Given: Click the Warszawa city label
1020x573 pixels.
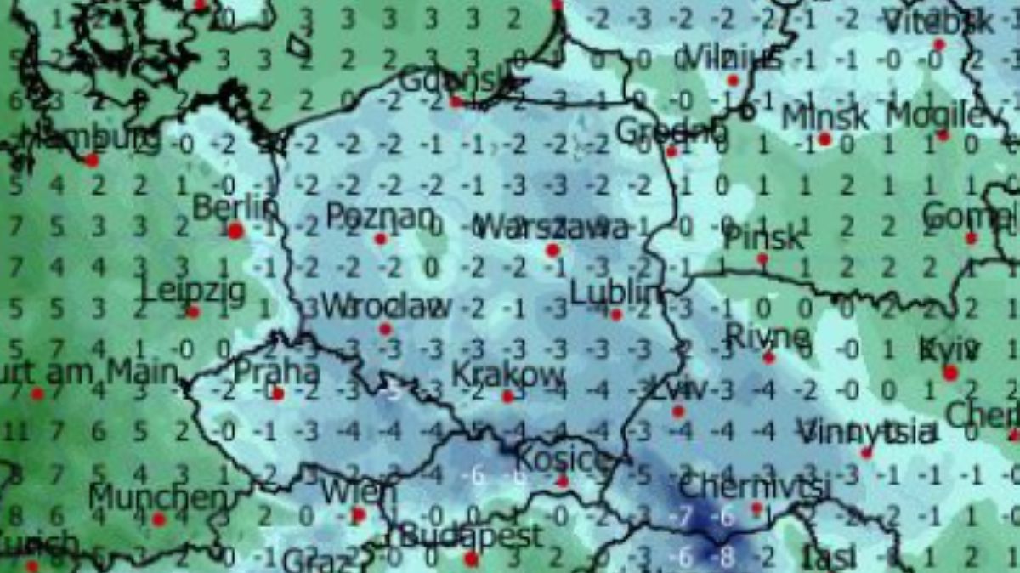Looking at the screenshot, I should point(553,227).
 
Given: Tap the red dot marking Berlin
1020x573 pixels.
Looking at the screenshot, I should point(235,230).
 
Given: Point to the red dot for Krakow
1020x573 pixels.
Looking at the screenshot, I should point(507,396).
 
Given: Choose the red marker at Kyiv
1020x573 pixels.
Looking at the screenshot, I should point(950,372).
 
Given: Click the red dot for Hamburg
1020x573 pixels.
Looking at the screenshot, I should point(92,160).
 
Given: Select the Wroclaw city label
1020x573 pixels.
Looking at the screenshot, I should point(387,306).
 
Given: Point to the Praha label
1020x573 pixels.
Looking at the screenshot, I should point(276,372).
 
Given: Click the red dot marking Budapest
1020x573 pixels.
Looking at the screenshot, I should point(471,559).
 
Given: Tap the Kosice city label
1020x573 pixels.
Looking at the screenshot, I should point(563,460).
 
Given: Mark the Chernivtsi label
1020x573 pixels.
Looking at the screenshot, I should point(754,488).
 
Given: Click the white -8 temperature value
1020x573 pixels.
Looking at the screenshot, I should point(724,558).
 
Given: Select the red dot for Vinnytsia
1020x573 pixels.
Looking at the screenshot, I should point(866,452).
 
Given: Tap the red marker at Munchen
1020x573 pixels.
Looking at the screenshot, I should point(158,519).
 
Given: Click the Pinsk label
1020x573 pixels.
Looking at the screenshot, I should point(762,238).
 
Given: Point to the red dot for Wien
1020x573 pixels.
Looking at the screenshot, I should point(359,513).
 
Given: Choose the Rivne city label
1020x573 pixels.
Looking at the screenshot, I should point(768,337).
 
